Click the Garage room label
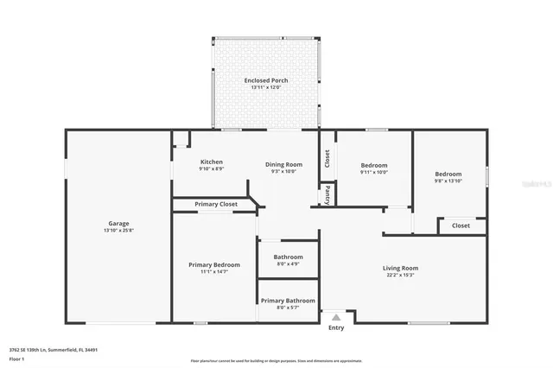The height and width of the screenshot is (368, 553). (118, 223)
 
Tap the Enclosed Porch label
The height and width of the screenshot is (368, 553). (266, 80)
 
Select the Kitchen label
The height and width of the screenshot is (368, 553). (212, 162)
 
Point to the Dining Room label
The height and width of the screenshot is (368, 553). (283, 164)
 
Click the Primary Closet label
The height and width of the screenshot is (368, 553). (215, 204)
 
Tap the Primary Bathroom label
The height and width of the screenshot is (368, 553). (288, 300)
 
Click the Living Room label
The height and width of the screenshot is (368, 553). (400, 268)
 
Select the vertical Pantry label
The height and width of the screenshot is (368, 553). (327, 195)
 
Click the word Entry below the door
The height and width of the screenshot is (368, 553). (336, 327)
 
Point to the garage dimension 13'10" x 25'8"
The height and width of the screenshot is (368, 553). (118, 230)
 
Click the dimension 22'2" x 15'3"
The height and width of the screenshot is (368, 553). (400, 275)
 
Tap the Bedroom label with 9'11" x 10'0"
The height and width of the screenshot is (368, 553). (374, 165)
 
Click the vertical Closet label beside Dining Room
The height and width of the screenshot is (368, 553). (327, 158)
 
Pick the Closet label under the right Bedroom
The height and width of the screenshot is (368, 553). (461, 225)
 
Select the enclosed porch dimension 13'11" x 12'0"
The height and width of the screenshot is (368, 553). (266, 87)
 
